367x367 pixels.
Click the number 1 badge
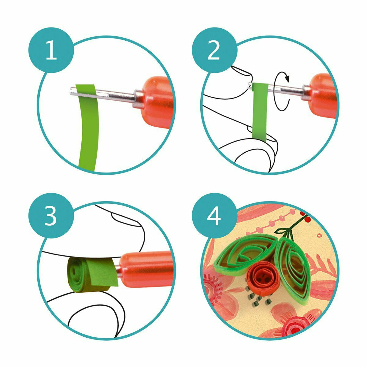tap(51, 50)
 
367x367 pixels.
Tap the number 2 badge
tap(214, 50)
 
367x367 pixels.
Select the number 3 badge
tap(51, 216)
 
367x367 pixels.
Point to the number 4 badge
tap(214, 216)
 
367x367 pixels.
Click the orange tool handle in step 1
tap(156, 102)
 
